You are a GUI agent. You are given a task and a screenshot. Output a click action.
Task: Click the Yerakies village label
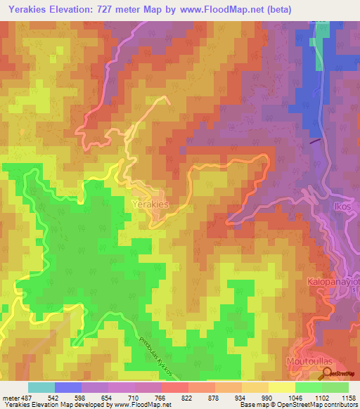(x=150, y=204)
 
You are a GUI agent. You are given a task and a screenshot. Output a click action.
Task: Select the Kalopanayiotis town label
(x=333, y=281)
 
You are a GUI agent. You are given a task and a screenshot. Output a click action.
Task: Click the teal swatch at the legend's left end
(x=41, y=387)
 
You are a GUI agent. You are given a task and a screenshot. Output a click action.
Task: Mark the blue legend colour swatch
(x=68, y=387)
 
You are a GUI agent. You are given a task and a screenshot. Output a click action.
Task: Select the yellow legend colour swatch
(x=281, y=387)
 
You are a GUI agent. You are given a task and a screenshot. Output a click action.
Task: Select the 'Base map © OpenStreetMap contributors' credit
(x=300, y=404)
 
